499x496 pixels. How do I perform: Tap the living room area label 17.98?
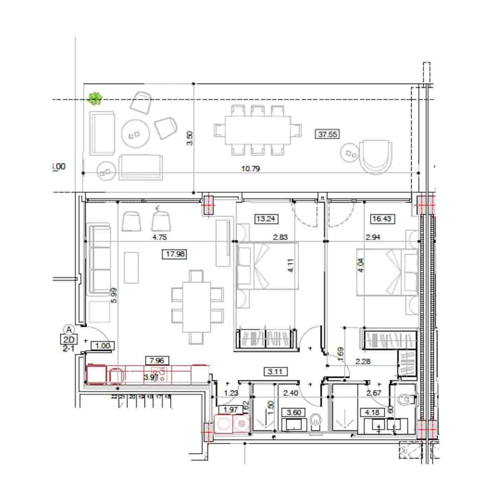coord(175,254)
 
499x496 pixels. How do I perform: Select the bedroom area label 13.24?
coord(265,218)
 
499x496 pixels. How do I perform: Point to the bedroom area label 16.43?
coord(381,218)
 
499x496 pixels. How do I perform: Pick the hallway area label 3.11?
coord(276,371)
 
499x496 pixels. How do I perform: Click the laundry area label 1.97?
coord(231,410)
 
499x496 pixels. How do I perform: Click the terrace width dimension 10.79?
coord(250,169)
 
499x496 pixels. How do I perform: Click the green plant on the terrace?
coord(95,98)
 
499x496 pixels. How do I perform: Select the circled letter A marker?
coord(69,329)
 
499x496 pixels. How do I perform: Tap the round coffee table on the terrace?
coord(135,134)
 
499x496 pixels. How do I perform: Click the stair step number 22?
coord(114,397)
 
